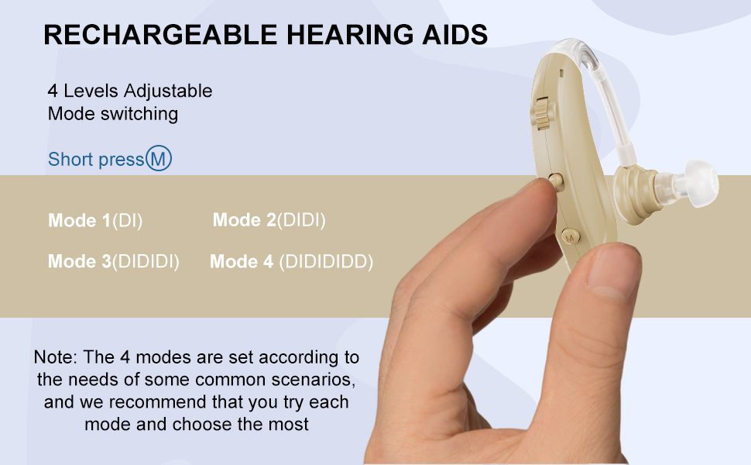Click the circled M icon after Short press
pyautogui.click(x=159, y=159)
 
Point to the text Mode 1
pyautogui.click(x=79, y=221)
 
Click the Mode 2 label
pyautogui.click(x=244, y=220)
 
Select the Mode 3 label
pyautogui.click(x=79, y=262)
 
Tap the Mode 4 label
pyautogui.click(x=242, y=262)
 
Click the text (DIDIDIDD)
pyautogui.click(x=326, y=262)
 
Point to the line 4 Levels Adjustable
pyautogui.click(x=130, y=91)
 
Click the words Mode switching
pyautogui.click(x=113, y=114)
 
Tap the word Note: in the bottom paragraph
pyautogui.click(x=55, y=357)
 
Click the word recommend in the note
pyautogui.click(x=160, y=402)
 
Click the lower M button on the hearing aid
pyautogui.click(x=569, y=236)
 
